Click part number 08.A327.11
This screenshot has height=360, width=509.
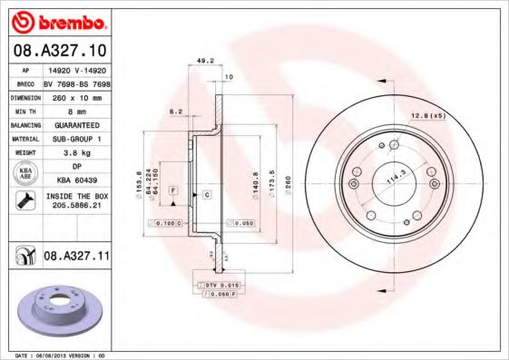click(x=77, y=258)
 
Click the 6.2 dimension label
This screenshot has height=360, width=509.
click(x=176, y=112)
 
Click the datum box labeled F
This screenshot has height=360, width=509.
click(x=172, y=188)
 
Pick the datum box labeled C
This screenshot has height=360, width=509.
click(x=207, y=195)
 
